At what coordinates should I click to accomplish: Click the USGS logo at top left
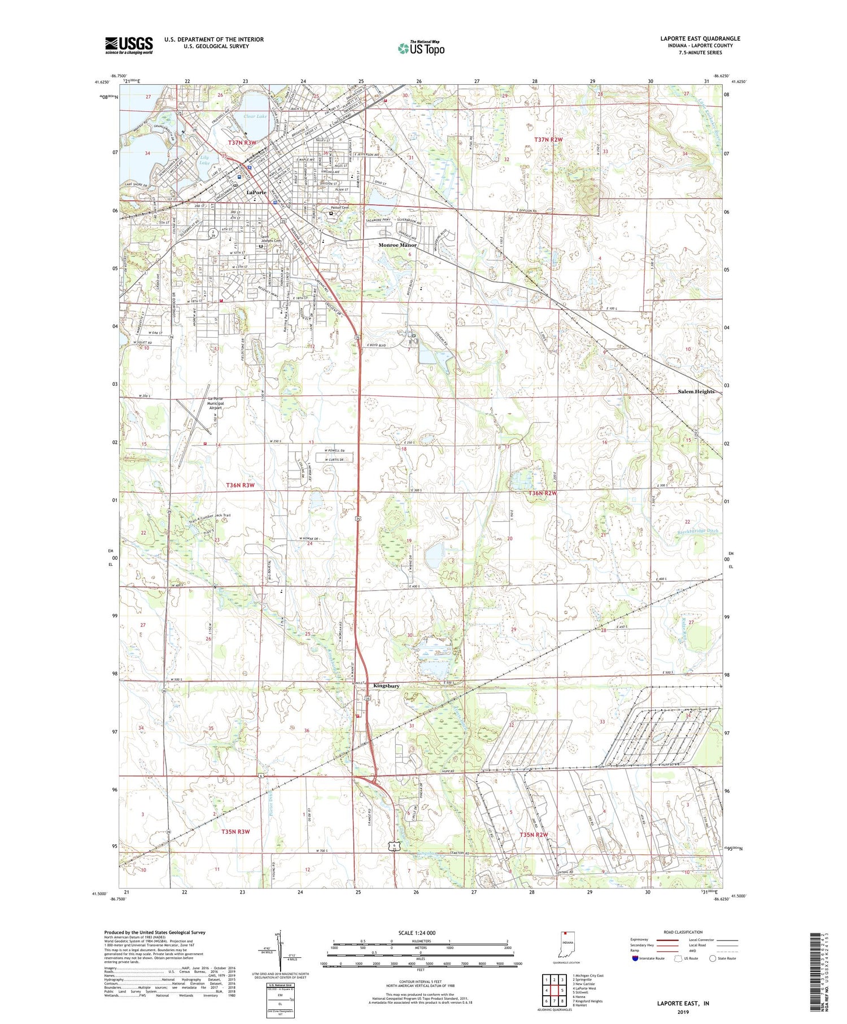tap(129, 45)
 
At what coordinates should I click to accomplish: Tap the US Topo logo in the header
tap(421, 49)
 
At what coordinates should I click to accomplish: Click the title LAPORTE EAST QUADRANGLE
tap(700, 39)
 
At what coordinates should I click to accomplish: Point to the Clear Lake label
tap(255, 116)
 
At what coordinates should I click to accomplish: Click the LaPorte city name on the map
tap(256, 192)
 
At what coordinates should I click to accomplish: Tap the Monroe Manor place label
tap(397, 245)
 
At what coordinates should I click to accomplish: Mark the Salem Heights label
tap(696, 391)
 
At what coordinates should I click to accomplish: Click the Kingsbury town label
tap(386, 686)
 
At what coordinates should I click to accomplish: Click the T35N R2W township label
tap(534, 834)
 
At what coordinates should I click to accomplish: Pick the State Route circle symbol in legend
tap(713, 958)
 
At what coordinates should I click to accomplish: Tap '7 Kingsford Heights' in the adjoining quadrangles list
tap(588, 1001)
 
